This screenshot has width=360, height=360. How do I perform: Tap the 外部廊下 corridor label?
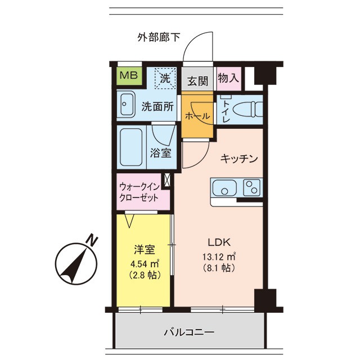click(x=159, y=38)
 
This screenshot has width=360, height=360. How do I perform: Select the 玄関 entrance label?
click(x=197, y=80)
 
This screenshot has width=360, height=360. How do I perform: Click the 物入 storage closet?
click(x=228, y=77)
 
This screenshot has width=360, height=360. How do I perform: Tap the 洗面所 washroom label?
click(x=157, y=105)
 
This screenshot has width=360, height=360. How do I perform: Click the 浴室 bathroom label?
click(x=161, y=152)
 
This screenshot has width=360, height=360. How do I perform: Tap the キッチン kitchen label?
click(x=239, y=159)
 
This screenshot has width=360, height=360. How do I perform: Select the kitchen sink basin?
click(x=225, y=188)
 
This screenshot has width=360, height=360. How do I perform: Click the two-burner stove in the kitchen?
click(x=253, y=187)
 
